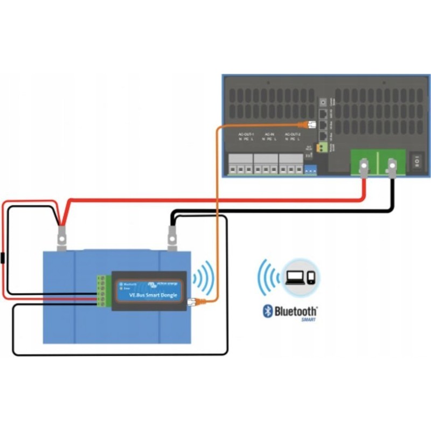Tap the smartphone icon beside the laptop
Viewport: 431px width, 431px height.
[x=311, y=278]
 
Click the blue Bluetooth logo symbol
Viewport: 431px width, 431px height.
[x=267, y=311]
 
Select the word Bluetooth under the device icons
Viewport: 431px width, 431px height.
[x=296, y=311]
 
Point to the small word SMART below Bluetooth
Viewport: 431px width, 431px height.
[x=308, y=320]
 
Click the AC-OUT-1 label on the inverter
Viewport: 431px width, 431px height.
[x=246, y=134]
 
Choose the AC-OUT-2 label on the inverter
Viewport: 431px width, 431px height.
[x=291, y=134]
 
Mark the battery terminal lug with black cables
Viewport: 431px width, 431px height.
[x=172, y=237]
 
